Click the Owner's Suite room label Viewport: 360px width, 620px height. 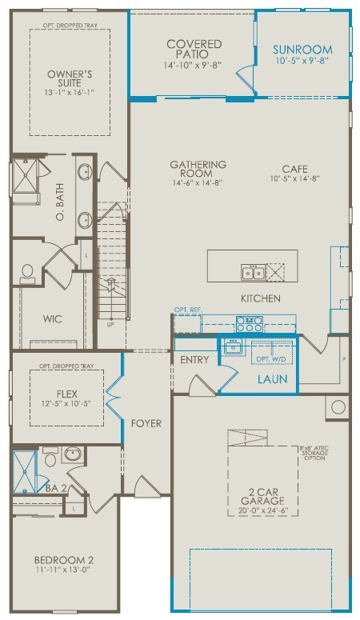[70, 80]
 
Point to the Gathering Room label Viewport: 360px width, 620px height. [198, 169]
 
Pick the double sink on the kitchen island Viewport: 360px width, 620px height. [253, 274]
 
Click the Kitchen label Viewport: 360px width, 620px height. [261, 298]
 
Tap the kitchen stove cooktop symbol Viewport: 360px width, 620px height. [250, 324]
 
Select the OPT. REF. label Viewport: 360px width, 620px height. [188, 310]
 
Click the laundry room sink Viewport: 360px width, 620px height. [234, 347]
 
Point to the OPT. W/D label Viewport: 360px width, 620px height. [271, 358]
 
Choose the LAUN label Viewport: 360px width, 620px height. [271, 379]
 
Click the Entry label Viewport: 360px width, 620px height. [194, 360]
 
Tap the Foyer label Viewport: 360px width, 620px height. [146, 422]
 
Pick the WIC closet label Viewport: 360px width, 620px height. [53, 318]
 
